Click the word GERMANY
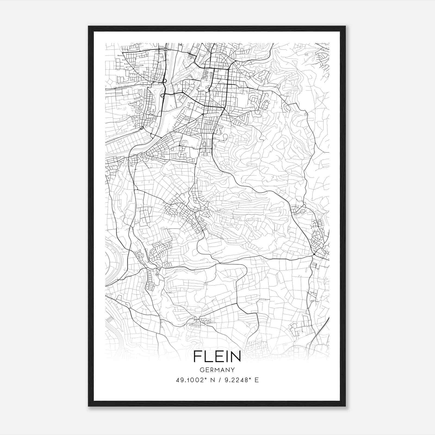click(x=217, y=370)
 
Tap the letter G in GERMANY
click(x=201, y=370)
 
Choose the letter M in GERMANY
click(x=217, y=370)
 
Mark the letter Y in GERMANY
click(x=233, y=370)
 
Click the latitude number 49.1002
click(x=189, y=380)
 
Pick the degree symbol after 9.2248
click(x=249, y=378)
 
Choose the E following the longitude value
click(x=257, y=380)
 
